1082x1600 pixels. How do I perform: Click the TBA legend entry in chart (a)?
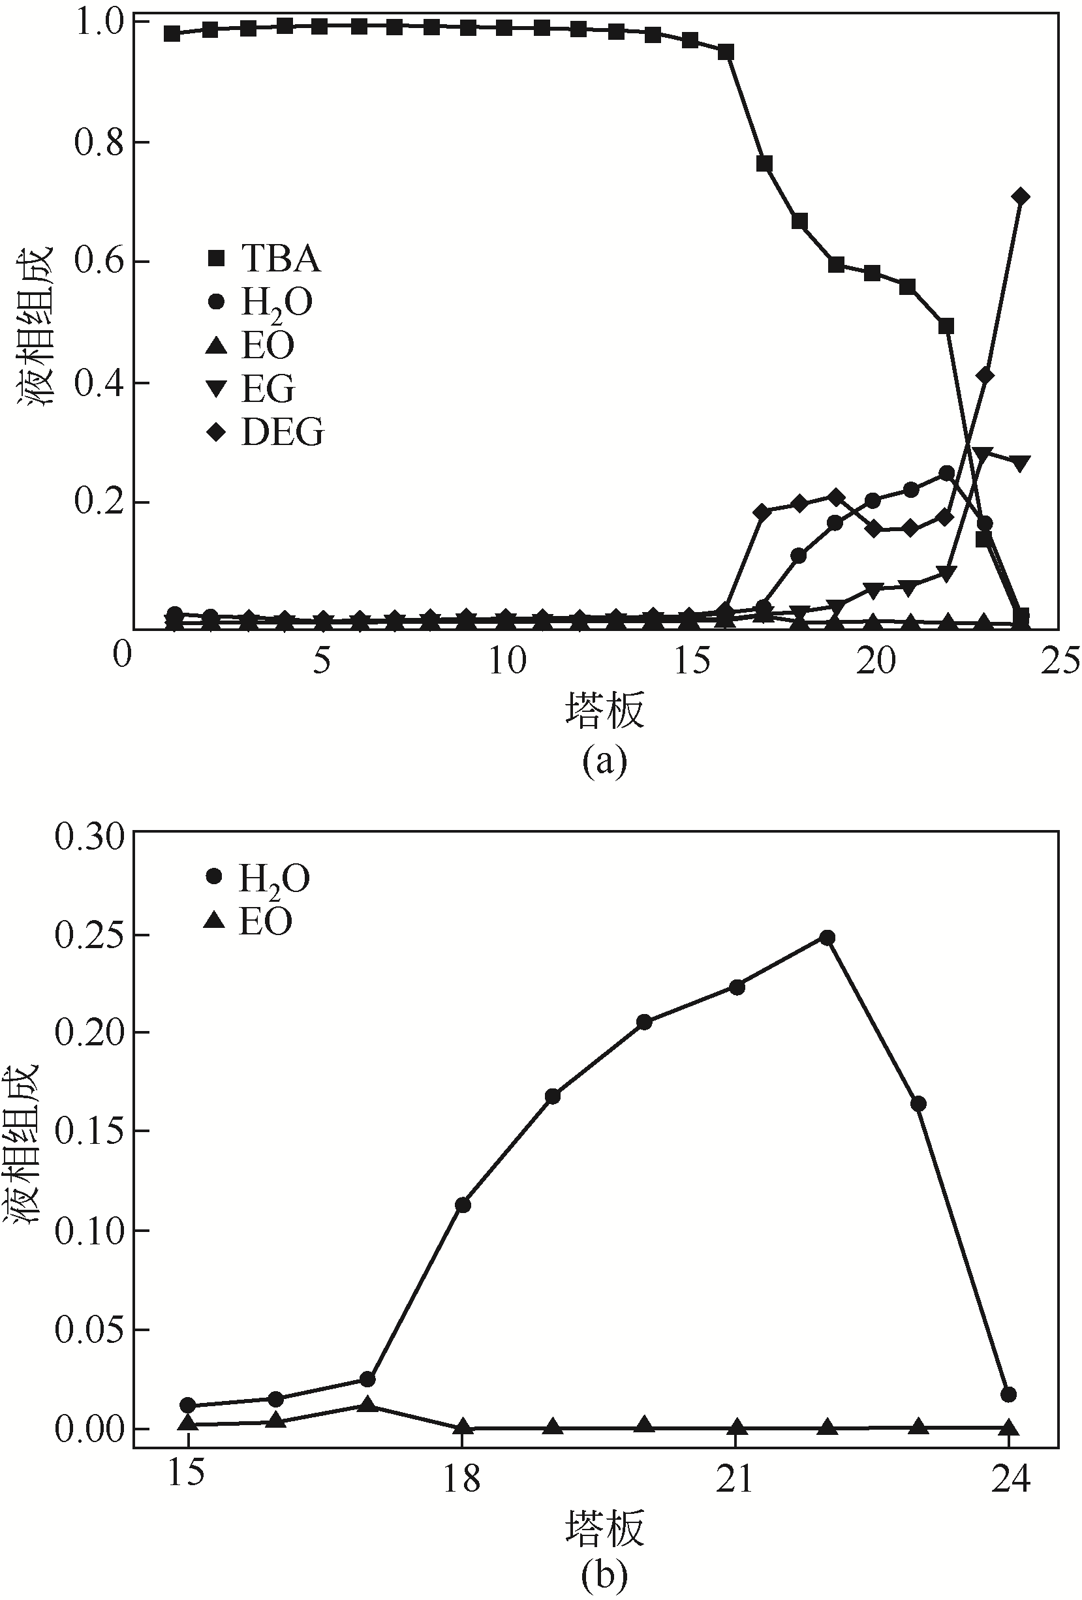(265, 259)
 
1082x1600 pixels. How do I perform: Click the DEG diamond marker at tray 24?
(1021, 197)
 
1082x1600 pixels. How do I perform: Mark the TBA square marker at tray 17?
(764, 163)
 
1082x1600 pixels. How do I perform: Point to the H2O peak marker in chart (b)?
(827, 938)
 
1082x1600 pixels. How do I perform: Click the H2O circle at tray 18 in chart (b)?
(463, 1205)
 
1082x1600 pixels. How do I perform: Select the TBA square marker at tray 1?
(172, 33)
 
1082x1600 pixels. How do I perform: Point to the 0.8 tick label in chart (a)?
(95, 142)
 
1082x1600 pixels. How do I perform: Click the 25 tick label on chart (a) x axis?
(1059, 662)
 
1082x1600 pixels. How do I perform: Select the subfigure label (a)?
(604, 762)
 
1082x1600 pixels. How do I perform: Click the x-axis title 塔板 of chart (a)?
(604, 711)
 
